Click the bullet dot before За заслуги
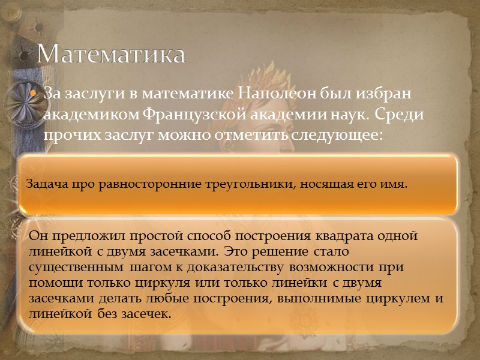coord(34,95)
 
